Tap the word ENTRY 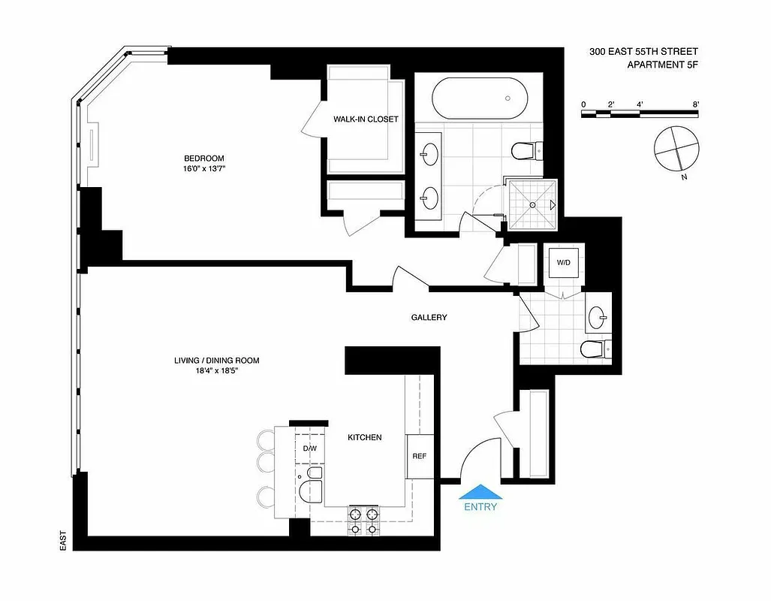[x=480, y=507]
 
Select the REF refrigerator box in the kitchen [x=420, y=456]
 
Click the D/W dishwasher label [x=310, y=449]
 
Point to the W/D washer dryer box [x=562, y=263]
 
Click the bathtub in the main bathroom [x=480, y=98]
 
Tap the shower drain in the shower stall [x=533, y=204]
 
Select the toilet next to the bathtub [x=523, y=151]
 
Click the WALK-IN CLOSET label [x=366, y=119]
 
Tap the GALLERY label [x=429, y=318]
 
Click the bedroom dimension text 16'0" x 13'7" [x=204, y=169]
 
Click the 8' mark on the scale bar [x=696, y=104]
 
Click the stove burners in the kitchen [x=363, y=520]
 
